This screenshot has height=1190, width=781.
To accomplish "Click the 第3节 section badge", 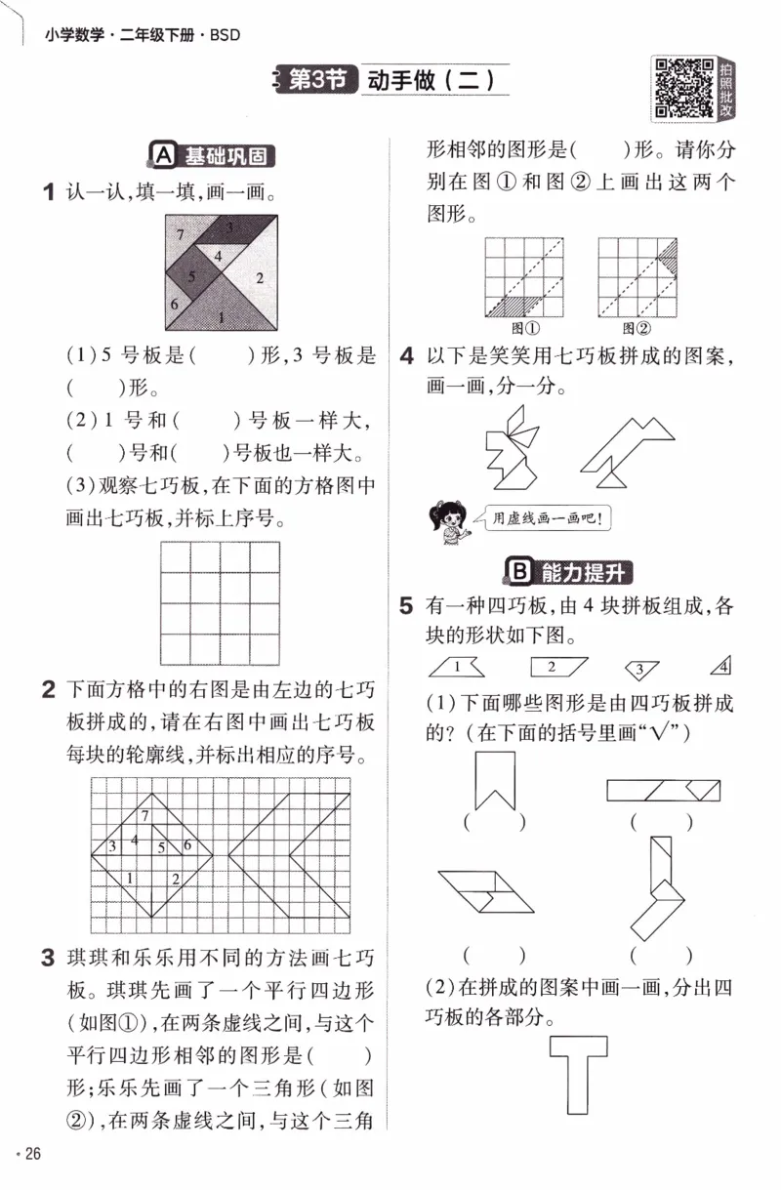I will (x=317, y=80).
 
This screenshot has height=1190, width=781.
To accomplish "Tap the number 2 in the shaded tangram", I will (x=260, y=278).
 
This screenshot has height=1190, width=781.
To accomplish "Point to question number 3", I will (x=48, y=960).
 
